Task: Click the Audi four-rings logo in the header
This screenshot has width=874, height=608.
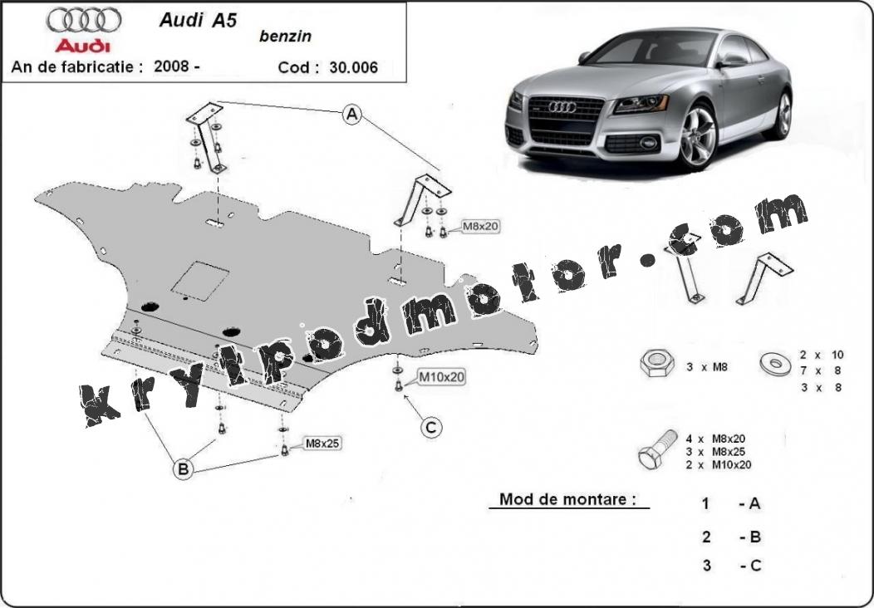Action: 84,20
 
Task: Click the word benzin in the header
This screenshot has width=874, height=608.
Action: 286,37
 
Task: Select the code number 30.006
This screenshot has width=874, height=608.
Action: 353,67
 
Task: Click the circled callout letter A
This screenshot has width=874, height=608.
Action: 351,115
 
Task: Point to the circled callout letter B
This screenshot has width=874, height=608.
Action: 183,468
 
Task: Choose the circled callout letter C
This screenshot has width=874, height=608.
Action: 431,428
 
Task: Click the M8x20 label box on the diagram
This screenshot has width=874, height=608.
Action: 480,227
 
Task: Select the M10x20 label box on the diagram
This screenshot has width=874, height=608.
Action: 441,377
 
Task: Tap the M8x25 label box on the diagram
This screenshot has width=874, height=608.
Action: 322,444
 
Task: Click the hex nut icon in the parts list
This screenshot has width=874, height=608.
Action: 657,363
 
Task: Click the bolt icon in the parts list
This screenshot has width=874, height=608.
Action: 658,449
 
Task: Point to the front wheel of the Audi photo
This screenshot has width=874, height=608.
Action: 697,136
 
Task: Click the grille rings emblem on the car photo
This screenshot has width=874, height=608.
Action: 562,106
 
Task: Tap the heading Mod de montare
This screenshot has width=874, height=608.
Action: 567,498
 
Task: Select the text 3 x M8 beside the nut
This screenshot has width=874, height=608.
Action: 706,367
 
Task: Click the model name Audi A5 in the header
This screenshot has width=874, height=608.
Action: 198,20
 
